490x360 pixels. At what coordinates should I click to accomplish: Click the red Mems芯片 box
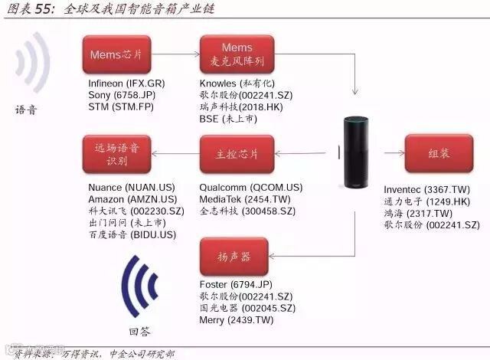[x=116, y=55]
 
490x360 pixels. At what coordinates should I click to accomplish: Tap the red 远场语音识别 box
[x=116, y=154]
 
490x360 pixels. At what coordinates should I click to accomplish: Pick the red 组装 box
[x=438, y=154]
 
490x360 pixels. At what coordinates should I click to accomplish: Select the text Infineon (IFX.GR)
[x=126, y=83]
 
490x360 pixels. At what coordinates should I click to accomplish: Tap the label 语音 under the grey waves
[x=26, y=109]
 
